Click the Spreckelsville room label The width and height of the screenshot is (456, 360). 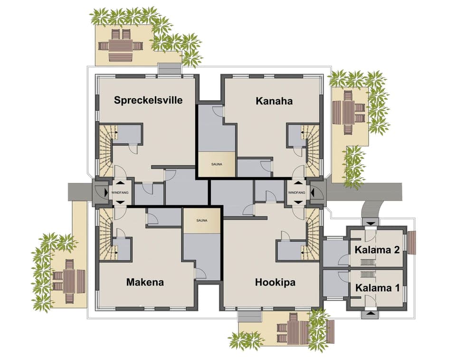(148, 100)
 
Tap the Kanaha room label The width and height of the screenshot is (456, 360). (274, 101)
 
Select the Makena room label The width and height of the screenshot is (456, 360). (145, 282)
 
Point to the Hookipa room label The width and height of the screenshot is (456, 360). (275, 282)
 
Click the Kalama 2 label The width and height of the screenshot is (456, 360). (378, 250)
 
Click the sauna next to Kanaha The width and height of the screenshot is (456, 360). (216, 164)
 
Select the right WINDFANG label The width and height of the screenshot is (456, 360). (297, 192)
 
